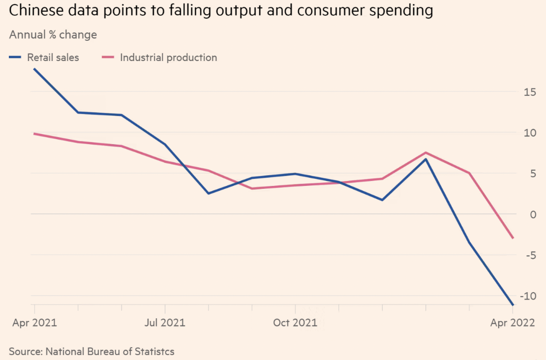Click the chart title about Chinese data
click(221, 11)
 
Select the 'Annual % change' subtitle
click(53, 35)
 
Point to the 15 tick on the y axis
click(530, 92)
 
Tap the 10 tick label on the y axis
click(530, 133)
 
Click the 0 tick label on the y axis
click(533, 214)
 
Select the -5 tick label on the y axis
click(530, 255)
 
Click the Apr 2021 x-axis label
click(34, 323)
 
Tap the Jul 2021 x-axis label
click(165, 323)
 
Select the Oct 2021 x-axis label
click(295, 323)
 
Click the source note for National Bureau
click(91, 352)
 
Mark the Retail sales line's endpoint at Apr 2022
click(513, 305)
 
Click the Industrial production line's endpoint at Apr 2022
click(513, 238)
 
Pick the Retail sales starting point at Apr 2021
click(34, 69)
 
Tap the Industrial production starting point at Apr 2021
click(34, 133)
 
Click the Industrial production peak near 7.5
click(425, 152)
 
